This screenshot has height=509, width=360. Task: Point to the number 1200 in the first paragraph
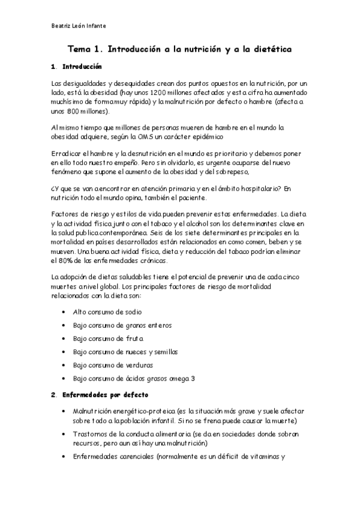coord(155,94)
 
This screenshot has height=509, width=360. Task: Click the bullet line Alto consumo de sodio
coord(107,312)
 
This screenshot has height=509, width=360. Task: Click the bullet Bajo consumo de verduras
coord(113,365)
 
